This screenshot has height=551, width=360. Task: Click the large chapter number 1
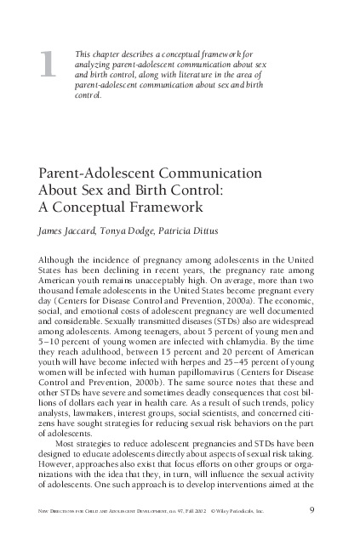(49, 66)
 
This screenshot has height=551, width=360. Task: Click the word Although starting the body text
(59, 258)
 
